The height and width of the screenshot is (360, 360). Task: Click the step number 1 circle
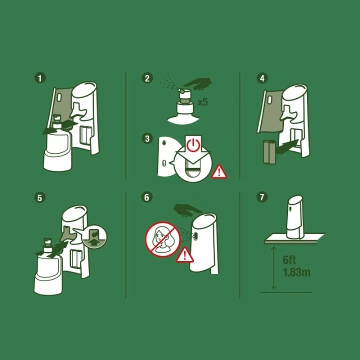click(x=40, y=78)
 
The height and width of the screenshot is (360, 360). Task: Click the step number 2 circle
click(x=147, y=78)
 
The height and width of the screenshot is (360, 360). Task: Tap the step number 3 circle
click(x=147, y=138)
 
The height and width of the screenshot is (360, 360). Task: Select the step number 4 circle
click(x=262, y=78)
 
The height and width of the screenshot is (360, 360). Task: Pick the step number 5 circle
click(x=39, y=197)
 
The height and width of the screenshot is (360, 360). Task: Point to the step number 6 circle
click(x=146, y=197)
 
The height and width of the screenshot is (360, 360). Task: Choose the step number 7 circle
click(x=262, y=197)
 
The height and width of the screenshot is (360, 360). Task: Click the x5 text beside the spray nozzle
click(x=202, y=102)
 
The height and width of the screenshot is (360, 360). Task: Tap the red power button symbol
click(x=193, y=145)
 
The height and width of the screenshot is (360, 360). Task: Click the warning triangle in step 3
click(x=219, y=171)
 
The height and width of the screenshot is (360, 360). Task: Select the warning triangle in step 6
click(x=185, y=254)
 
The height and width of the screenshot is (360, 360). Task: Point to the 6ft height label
click(x=289, y=260)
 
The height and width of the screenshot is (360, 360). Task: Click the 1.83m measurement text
click(x=296, y=272)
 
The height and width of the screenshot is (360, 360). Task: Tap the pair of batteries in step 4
click(x=269, y=152)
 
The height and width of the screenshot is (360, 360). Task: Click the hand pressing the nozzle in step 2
click(x=198, y=83)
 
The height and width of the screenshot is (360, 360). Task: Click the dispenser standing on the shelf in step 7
click(x=295, y=217)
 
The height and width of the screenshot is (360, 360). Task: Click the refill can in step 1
click(x=57, y=144)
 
